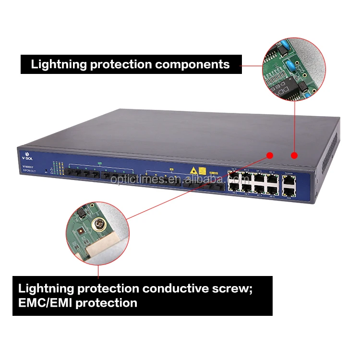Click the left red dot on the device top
coord(270,155)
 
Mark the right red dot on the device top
coord(294,155)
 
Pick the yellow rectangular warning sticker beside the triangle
coord(202,170)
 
